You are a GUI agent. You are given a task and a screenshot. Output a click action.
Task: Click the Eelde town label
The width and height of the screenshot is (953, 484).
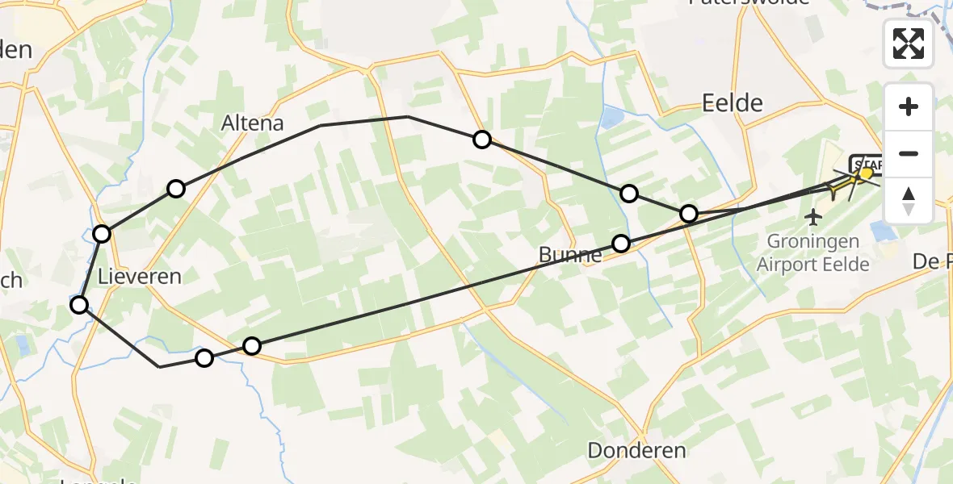733,102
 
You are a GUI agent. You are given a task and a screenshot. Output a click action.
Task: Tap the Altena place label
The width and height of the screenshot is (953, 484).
253,123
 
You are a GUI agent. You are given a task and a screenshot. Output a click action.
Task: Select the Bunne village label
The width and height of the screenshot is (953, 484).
570,256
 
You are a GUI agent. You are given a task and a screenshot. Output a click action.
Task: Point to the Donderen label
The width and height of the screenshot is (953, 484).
636,451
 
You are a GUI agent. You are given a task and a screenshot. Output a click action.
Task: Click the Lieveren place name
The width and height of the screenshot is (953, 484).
139,277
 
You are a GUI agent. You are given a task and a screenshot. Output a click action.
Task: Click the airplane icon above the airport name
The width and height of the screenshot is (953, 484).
813,217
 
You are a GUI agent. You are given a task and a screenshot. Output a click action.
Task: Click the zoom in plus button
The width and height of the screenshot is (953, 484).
909,107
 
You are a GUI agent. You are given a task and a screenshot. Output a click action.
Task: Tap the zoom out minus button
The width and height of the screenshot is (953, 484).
909,153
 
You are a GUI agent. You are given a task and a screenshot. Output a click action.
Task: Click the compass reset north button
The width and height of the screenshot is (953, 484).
909,200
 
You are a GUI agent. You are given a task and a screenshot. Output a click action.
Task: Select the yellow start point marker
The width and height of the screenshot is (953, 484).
867,173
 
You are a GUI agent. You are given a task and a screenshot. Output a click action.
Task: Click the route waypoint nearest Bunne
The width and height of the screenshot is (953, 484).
620,243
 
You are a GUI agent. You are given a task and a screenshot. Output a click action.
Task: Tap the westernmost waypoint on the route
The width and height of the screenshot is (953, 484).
79,304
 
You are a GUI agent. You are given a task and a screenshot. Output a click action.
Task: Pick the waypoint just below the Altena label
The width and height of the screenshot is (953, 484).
176,189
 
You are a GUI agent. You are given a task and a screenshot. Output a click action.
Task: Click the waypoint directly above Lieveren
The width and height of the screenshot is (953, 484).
102,234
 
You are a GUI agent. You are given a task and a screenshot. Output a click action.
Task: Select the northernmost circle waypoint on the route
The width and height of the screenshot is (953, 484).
482,140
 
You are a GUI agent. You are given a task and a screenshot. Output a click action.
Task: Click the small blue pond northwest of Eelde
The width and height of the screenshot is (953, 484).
611,118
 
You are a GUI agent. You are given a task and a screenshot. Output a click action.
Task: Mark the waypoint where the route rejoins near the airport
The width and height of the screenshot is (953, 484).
688,213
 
